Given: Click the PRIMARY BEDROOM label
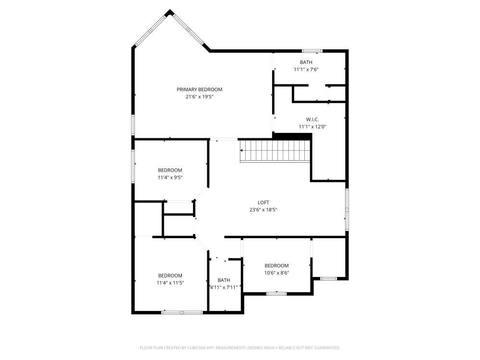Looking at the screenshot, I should pos(199,89).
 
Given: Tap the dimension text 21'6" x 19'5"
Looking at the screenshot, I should pos(199,96).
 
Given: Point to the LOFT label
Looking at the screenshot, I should pos(264,202).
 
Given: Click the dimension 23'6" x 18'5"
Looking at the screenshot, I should pos(264,209).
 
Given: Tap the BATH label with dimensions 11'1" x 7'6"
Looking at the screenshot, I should pos(306,62).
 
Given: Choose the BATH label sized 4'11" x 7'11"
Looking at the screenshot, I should pos(224,280).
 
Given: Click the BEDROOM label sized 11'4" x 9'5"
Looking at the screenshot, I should pos(170,170).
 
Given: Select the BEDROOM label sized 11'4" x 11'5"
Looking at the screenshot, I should pos(170,275).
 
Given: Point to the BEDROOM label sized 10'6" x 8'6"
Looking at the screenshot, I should pos(276,265).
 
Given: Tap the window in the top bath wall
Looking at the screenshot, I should pos(312,50).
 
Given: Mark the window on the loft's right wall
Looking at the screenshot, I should pos(346,207).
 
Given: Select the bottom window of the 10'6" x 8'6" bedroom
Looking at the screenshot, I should pos(276,293).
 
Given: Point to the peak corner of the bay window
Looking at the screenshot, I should pos(168,12).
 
